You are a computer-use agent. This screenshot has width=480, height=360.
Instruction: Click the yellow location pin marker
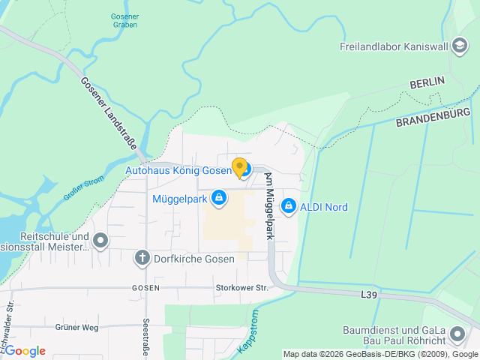click(239, 167)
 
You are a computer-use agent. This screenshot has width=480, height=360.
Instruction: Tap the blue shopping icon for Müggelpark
click(218, 199)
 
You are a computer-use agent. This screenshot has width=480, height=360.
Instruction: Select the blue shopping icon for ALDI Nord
click(288, 206)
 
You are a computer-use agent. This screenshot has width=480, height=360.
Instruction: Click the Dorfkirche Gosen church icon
click(142, 259)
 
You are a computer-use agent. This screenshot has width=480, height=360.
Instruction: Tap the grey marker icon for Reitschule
click(100, 241)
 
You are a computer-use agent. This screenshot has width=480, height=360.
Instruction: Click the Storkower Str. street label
click(241, 287)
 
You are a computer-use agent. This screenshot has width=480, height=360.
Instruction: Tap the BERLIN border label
click(427, 81)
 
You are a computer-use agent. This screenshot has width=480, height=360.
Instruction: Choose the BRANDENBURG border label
click(433, 117)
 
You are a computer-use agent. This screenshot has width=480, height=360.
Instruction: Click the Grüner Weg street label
click(76, 327)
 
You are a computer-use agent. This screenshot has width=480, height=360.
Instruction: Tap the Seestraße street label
click(145, 338)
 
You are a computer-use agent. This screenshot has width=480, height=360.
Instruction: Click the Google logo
click(25, 351)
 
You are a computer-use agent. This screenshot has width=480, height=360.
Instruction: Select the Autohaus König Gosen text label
click(178, 170)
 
